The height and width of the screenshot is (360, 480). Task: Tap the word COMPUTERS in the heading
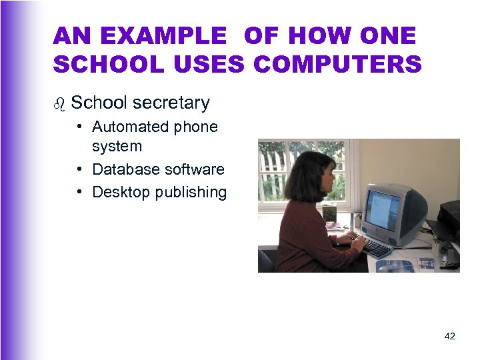pos(339,65)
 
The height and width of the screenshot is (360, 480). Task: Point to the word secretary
pos(171,103)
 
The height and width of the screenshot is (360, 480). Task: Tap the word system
pos(117,146)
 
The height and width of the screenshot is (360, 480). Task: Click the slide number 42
pos(450,336)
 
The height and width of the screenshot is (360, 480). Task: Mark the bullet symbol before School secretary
pos(60,103)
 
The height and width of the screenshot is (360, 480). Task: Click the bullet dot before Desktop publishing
pos(79,192)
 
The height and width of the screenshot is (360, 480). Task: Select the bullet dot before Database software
pos(79,169)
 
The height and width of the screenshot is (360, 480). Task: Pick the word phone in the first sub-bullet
pos(197,127)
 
